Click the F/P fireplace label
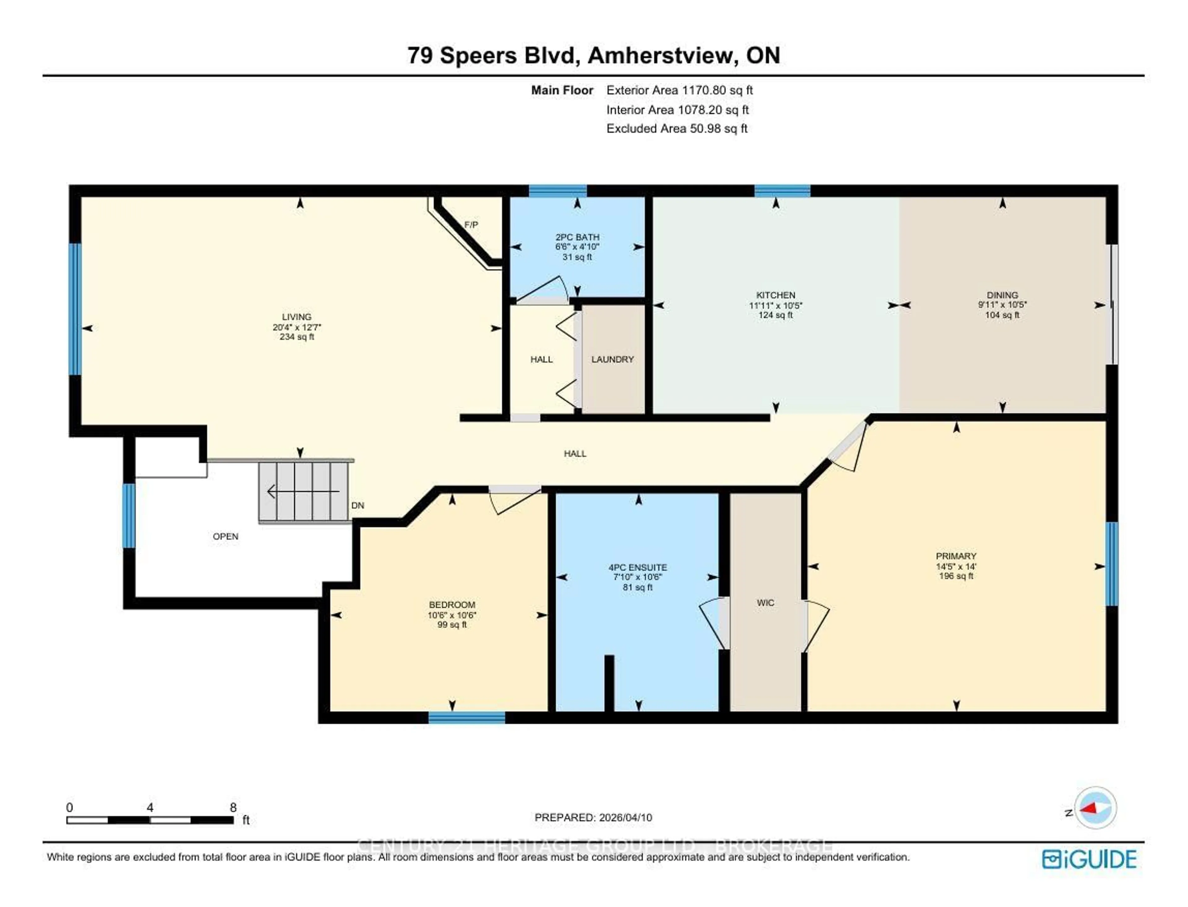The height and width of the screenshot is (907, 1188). click(471, 225)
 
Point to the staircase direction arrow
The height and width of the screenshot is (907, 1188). click(302, 491)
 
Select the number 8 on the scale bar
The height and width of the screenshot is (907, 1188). click(233, 808)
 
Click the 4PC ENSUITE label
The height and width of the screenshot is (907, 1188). click(637, 567)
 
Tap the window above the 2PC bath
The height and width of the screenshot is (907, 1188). click(557, 191)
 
